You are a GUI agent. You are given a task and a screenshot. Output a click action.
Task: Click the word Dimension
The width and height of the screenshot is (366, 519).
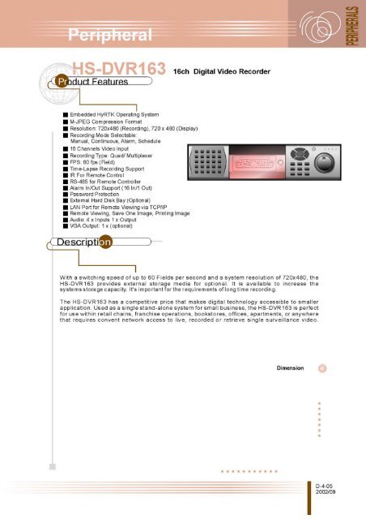[290, 367]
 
